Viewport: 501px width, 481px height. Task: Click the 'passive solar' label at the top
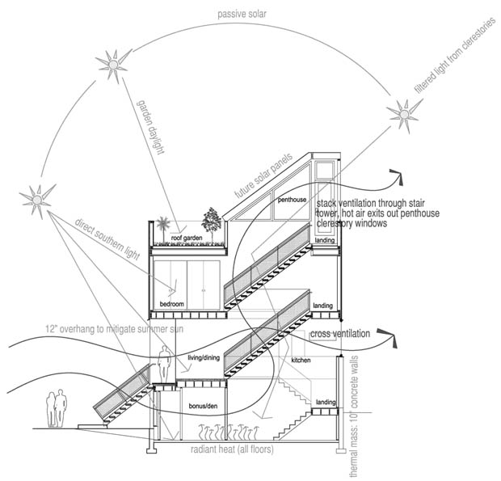[242, 15]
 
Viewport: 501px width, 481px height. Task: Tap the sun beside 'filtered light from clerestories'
[405, 114]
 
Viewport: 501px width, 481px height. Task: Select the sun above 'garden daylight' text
[113, 65]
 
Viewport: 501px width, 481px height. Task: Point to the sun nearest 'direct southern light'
[37, 200]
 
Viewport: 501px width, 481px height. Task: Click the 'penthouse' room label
[292, 200]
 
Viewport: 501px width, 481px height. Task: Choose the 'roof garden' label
[187, 238]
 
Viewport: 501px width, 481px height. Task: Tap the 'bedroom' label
[172, 304]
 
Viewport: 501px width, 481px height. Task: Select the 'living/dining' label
[204, 358]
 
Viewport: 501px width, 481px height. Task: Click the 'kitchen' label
[301, 361]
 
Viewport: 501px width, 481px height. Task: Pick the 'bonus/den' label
[203, 406]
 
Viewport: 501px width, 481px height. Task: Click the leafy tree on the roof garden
[212, 225]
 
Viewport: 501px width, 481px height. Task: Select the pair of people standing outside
[57, 408]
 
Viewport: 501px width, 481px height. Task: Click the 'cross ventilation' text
[340, 334]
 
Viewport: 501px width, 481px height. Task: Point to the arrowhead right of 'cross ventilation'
[388, 337]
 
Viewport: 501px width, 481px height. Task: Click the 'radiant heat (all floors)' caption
[232, 449]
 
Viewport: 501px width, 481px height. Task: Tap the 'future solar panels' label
[263, 176]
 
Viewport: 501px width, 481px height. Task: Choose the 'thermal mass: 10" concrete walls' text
[354, 416]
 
